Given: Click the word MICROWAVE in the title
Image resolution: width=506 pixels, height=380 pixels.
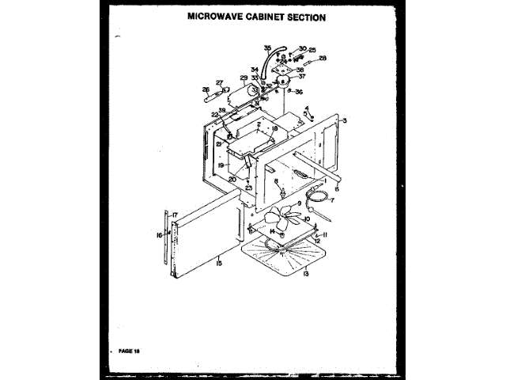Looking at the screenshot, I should [215, 16].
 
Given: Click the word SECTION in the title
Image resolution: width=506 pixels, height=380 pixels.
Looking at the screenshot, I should [303, 16].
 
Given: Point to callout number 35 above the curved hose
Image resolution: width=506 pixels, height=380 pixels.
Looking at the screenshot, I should [267, 48].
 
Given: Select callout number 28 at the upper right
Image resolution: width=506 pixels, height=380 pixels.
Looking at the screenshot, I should [323, 58].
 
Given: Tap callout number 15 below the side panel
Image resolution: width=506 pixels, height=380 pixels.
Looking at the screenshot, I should [219, 262].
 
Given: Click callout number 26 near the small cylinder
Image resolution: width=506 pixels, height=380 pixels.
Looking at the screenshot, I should [206, 89].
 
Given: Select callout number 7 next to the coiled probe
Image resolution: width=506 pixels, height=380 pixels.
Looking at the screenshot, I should [333, 201].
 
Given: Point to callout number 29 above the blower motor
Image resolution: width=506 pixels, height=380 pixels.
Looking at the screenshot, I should [244, 78].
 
